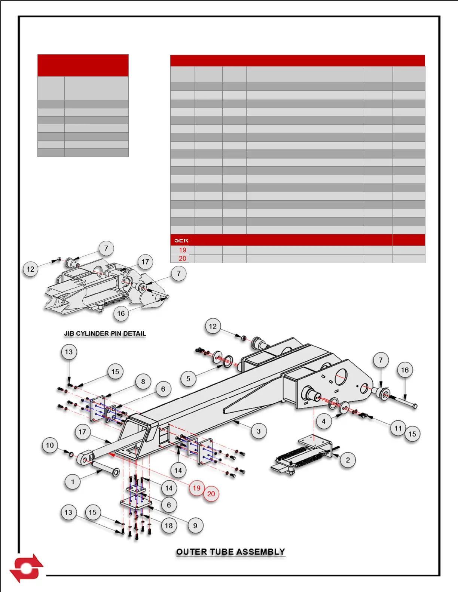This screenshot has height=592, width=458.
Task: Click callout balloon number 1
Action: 73,481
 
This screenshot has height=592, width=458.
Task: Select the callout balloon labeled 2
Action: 348,460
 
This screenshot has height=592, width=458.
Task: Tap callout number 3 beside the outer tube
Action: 259,431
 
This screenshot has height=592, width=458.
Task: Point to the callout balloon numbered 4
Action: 324,421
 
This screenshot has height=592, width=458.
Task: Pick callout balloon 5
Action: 188,379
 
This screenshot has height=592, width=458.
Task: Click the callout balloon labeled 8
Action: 143,382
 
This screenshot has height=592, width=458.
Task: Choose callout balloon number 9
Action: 195,525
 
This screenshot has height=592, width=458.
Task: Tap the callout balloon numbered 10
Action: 50,445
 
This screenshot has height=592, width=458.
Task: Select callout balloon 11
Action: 398,428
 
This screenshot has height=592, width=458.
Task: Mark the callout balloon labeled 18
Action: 169,525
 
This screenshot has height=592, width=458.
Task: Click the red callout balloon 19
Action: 196,488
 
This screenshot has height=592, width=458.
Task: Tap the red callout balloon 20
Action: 211,494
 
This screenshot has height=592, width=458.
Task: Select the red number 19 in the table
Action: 183,250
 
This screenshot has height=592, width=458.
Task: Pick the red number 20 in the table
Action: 183,259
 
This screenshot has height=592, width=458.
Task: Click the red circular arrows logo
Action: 26,568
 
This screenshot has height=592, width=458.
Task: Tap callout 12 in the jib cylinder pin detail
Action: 31,269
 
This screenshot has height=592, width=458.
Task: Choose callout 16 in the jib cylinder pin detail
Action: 121,314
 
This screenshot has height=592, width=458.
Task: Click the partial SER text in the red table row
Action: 181,240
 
